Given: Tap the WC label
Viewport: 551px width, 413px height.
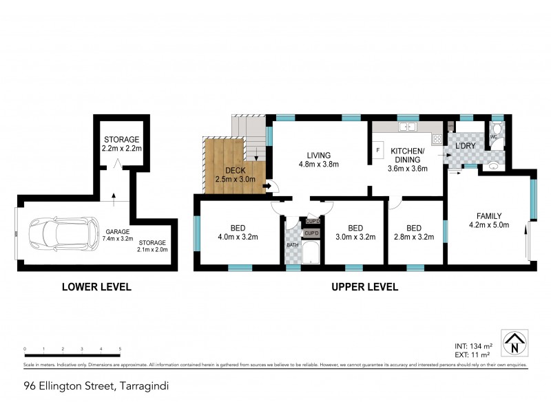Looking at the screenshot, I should point(493,137).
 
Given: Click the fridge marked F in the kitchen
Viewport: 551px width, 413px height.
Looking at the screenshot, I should point(377,149).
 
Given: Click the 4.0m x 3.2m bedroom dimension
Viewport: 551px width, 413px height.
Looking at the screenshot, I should point(237,238).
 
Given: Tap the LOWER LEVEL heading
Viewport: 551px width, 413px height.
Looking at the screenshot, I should point(96,287).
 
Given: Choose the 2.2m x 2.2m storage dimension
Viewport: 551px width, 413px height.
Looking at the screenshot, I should point(122,148).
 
